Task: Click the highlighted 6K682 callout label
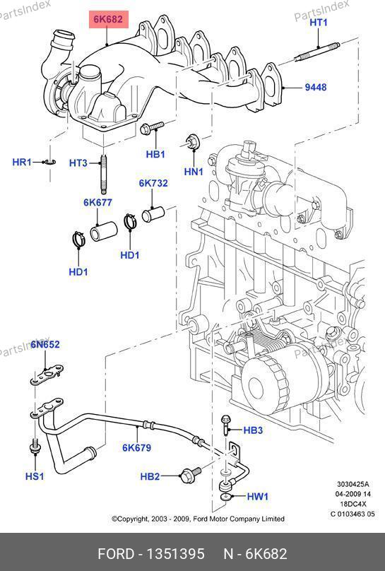[109, 19]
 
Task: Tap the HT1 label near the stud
[319, 23]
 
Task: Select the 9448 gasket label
[316, 88]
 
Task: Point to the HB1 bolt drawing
[152, 127]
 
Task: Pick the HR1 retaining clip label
[22, 162]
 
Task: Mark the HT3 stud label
[78, 163]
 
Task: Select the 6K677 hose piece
[104, 232]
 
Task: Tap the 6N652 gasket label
[45, 344]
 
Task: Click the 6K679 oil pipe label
[137, 447]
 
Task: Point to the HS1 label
[35, 476]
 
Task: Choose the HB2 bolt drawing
[190, 473]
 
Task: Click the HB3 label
[253, 430]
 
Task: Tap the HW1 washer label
[258, 496]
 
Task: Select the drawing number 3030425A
[353, 484]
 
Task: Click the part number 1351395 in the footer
[175, 554]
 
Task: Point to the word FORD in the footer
[116, 554]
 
